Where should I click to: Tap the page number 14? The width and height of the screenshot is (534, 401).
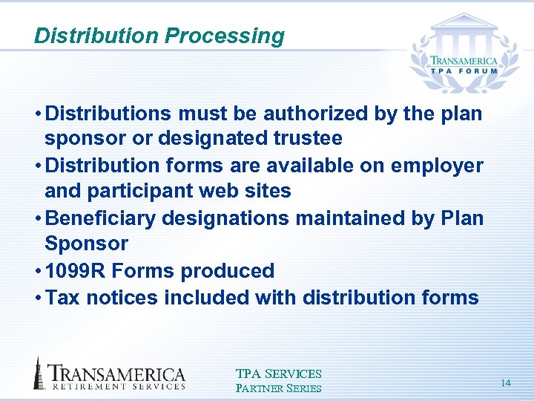coord(506,383)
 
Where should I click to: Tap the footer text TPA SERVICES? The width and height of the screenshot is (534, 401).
coord(278,374)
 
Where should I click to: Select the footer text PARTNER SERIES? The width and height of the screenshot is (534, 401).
coord(278,388)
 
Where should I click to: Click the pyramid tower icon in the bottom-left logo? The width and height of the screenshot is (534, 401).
coord(39,374)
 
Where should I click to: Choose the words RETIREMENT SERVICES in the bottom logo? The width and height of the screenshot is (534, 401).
coord(117,386)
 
